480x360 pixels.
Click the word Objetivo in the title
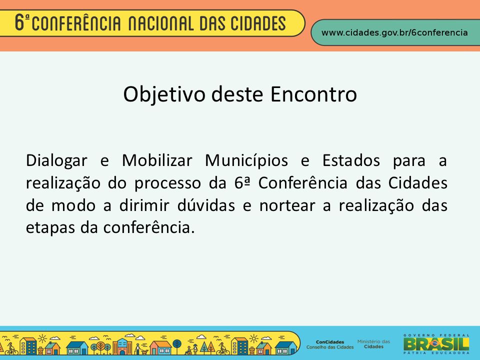point(164,94)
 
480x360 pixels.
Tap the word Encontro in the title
point(313,94)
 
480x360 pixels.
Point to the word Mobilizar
point(157,160)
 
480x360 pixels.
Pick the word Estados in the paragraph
point(351,160)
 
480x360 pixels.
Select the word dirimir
point(144,205)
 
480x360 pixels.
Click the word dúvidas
point(206,205)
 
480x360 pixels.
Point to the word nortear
point(287,205)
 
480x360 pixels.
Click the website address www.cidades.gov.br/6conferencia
point(394,33)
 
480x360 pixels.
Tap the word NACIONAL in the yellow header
point(160,24)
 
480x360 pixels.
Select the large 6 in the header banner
point(19,22)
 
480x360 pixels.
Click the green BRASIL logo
point(436,344)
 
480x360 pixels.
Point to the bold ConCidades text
point(330,342)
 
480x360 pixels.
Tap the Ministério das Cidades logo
point(374,344)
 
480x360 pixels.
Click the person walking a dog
point(139,349)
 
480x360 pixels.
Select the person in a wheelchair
point(188,350)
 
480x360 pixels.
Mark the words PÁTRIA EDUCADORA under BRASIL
point(436,353)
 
